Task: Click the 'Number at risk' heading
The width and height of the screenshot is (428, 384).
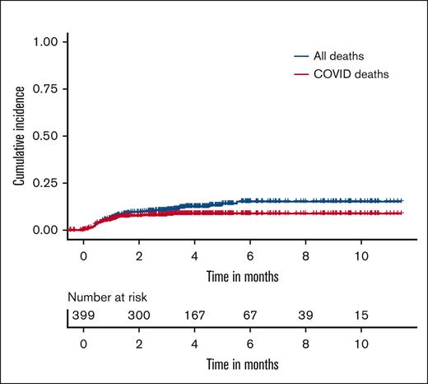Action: pyautogui.click(x=105, y=298)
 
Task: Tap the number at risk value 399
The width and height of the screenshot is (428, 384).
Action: pyautogui.click(x=82, y=316)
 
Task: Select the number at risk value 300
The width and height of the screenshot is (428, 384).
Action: pyautogui.click(x=138, y=316)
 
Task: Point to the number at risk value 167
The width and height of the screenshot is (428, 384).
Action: pyautogui.click(x=194, y=316)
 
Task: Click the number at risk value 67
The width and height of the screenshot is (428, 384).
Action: pyautogui.click(x=249, y=316)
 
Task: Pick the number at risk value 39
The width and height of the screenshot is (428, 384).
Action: pyautogui.click(x=305, y=316)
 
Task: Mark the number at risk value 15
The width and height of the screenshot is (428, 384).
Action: pyautogui.click(x=360, y=316)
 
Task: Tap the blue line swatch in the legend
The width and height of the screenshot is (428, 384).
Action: pyautogui.click(x=300, y=56)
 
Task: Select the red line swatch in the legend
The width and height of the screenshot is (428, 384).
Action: pyautogui.click(x=300, y=75)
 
